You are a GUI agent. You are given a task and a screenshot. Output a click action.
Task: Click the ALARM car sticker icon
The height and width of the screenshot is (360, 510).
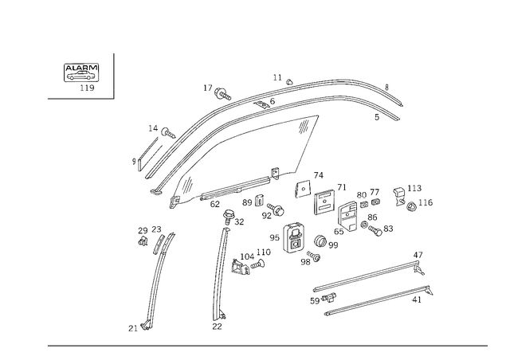pos(81,72)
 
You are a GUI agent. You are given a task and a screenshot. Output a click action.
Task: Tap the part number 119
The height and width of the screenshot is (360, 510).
pos(87,88)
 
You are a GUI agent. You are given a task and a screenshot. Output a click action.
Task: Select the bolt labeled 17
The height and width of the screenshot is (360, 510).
pos(222,94)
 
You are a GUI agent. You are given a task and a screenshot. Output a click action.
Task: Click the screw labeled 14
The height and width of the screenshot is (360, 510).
pos(168,133)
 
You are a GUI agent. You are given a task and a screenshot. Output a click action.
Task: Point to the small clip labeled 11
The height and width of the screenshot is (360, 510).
pos(288,81)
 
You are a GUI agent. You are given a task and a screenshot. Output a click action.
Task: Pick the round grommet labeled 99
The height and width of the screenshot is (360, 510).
pos(320,241)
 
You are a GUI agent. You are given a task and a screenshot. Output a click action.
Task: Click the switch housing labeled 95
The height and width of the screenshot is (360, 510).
pos(295,237)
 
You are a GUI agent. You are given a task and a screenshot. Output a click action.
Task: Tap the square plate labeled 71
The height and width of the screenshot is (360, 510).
pos(325,203)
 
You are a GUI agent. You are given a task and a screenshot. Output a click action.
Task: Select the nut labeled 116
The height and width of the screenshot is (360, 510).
pos(412,205)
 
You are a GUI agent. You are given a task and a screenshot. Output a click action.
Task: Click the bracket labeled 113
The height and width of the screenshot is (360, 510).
pos(399,196)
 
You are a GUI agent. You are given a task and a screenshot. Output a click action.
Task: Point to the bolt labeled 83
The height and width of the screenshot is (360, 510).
pos(375,231)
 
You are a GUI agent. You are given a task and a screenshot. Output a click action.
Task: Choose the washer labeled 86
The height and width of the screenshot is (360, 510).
pos(364,225)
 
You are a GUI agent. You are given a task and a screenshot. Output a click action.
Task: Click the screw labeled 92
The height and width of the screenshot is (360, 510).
pos(276,209)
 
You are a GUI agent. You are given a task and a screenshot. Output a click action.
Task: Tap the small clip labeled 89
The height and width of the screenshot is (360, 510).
pos(259,201)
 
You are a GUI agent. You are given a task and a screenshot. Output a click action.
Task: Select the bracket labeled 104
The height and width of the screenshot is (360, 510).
pos(240,267)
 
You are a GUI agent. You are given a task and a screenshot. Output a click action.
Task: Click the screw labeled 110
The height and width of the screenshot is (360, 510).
pos(258,264)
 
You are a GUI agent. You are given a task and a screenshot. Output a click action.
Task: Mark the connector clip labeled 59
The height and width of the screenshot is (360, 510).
pos(329,297)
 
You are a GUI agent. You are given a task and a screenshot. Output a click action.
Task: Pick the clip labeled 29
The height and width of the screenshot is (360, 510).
pos(143,241)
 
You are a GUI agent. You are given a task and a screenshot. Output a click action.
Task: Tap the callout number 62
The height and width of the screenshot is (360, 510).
pos(215,205)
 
